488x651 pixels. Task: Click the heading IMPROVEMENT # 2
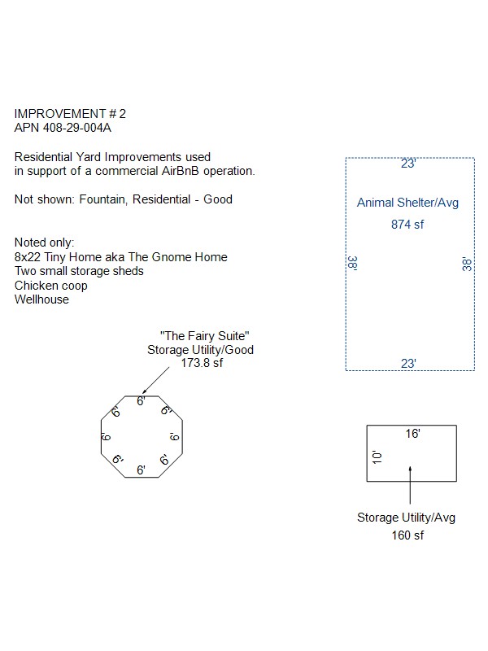(71, 114)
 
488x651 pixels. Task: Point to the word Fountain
(102, 199)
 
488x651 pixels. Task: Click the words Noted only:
(45, 243)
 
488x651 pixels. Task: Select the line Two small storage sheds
(79, 271)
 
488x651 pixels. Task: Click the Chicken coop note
(51, 286)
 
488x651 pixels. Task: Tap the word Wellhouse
(41, 299)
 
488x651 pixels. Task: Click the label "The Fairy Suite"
(204, 336)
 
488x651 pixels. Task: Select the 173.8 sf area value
(201, 364)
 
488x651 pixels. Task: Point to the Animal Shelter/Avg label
(407, 203)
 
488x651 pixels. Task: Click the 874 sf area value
(407, 225)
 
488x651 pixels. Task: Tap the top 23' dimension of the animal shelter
(408, 164)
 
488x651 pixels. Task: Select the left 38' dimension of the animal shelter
(352, 264)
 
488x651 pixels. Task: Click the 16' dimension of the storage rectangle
(412, 435)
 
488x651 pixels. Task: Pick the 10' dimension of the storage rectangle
(376, 457)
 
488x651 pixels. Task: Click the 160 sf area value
(407, 535)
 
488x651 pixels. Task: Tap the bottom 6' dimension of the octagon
(141, 470)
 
